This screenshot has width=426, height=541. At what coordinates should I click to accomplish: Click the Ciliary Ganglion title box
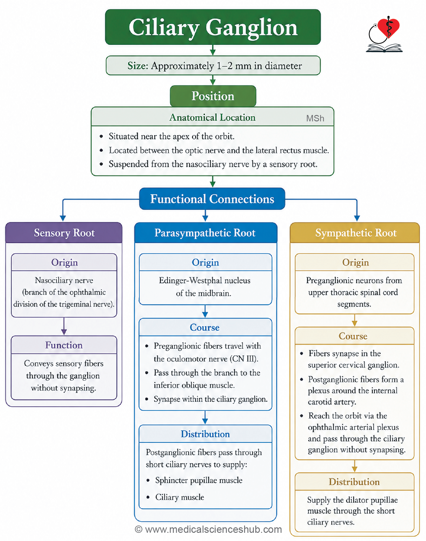pos(213,27)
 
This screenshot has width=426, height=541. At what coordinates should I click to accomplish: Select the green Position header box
pos(213,96)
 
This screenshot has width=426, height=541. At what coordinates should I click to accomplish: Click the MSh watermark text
pos(315,118)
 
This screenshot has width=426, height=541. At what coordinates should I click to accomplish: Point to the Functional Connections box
pos(212,199)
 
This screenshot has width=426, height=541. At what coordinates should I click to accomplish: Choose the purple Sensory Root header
pos(64,233)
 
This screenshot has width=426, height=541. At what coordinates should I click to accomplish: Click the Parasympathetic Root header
pos(206,233)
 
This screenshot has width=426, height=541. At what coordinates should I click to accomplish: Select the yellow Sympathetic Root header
pos(355,233)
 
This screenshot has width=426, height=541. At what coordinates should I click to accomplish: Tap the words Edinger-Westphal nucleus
pos(205,280)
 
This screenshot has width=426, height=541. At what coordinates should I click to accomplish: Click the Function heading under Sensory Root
pos(64,345)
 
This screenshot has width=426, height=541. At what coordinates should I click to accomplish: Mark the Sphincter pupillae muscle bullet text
pos(199,480)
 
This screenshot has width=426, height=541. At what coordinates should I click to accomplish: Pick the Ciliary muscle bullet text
pos(180,497)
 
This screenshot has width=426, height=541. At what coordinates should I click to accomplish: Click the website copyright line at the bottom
pos(209,529)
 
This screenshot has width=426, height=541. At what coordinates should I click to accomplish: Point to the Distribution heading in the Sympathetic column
pos(354,482)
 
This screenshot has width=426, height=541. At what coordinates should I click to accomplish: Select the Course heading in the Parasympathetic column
pos(205,327)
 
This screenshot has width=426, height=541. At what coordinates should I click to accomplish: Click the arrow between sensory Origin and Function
pos(64,326)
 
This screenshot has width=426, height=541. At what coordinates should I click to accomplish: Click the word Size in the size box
pos(137,66)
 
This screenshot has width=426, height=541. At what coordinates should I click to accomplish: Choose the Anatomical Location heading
pos(213,117)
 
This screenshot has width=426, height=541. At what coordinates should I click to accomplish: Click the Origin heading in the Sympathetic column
pos(356,262)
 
